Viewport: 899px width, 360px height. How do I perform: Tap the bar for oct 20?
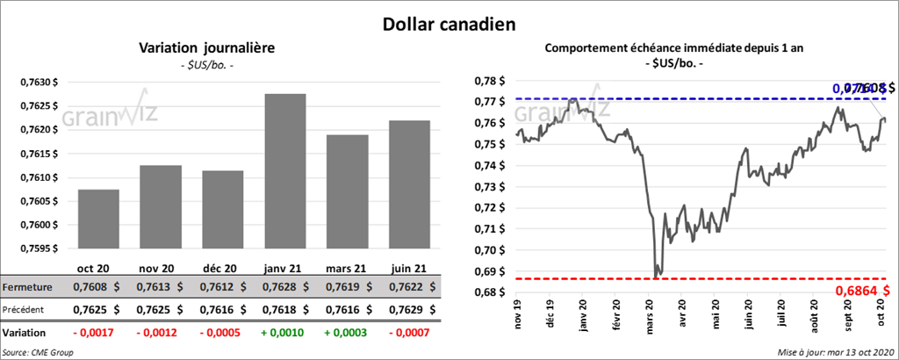pos(98,219)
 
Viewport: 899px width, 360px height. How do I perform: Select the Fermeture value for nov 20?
pos(159,287)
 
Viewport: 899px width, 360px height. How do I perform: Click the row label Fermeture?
pos(26,287)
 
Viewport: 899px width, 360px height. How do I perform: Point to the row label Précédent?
pos(25,309)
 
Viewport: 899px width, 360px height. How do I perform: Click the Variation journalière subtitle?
pos(207,48)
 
